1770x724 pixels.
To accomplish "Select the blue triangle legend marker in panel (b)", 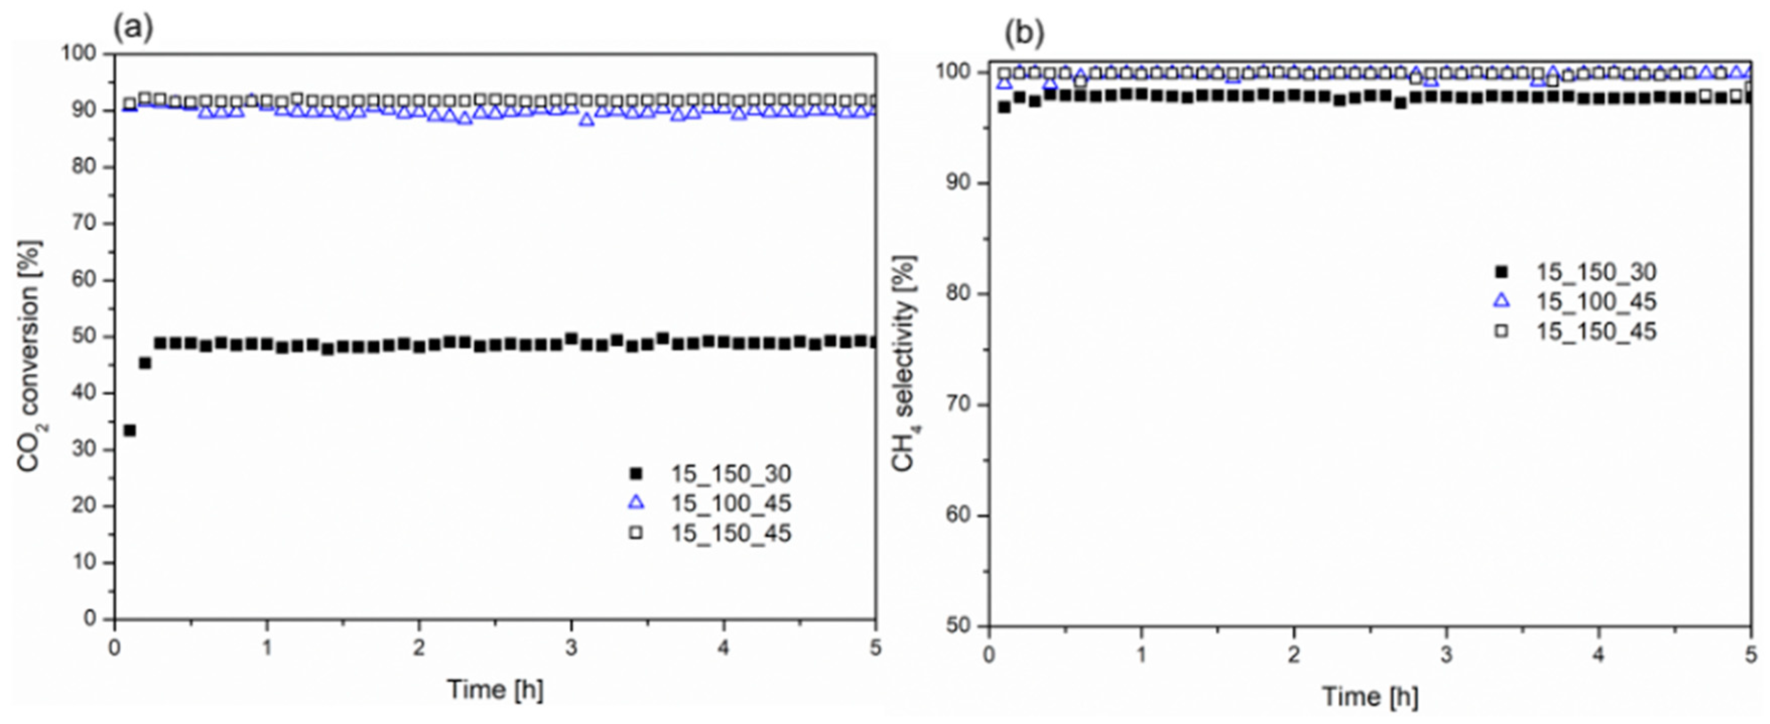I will [1501, 301].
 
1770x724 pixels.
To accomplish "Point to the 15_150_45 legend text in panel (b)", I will [1596, 331].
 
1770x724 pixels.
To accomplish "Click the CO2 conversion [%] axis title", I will [29, 356].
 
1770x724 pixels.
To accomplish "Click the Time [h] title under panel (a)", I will [495, 689].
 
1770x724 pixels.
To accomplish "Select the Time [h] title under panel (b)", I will [1369, 697].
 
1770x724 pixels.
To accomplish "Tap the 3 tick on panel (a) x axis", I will [571, 648].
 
